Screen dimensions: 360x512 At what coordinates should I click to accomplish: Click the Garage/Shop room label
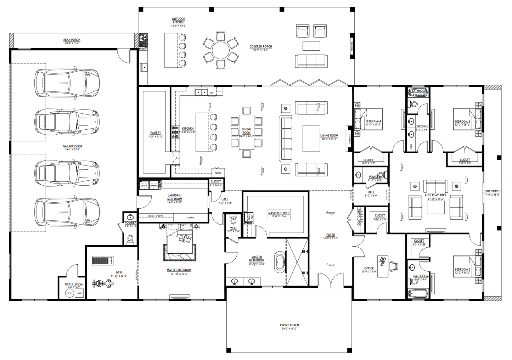tap(73, 146)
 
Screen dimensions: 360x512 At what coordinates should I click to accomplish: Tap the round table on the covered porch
tap(220, 50)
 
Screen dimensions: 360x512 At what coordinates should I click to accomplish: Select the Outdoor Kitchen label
tap(179, 21)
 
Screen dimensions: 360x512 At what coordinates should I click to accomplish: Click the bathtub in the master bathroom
tap(280, 262)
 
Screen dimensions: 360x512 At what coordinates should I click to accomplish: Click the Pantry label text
tap(156, 133)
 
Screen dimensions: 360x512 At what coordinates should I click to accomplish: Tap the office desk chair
tap(393, 265)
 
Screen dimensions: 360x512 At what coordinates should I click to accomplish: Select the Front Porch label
tap(289, 325)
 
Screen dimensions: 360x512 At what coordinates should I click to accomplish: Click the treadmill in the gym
tap(102, 261)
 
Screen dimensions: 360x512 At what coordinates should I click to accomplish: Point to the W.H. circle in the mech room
tap(69, 293)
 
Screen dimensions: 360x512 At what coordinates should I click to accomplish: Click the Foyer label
tap(331, 235)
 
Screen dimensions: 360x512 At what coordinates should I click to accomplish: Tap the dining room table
tap(247, 132)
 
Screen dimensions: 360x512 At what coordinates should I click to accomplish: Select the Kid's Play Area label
tap(435, 195)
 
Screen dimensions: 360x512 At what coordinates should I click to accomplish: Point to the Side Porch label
tap(493, 191)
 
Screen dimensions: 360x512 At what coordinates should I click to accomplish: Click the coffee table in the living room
tap(311, 139)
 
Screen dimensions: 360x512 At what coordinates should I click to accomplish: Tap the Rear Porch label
tap(72, 40)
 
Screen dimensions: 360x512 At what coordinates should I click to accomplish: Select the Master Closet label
tap(279, 213)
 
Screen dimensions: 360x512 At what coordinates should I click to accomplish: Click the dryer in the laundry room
tap(144, 185)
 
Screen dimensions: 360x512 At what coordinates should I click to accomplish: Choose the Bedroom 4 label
tap(373, 121)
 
